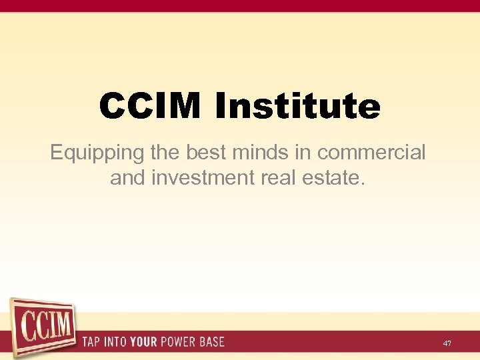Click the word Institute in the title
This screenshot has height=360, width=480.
pyautogui.click(x=297, y=107)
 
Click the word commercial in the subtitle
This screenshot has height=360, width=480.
pyautogui.click(x=371, y=153)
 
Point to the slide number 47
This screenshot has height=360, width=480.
pyautogui.click(x=447, y=343)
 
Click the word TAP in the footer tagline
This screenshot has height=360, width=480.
pyautogui.click(x=93, y=342)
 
